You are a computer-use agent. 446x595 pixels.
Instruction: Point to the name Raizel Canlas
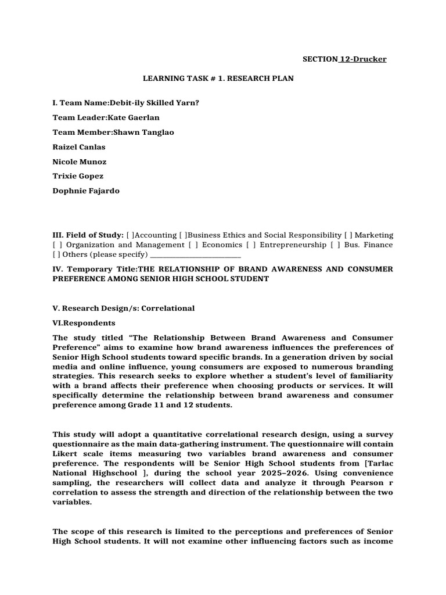[x=79, y=147]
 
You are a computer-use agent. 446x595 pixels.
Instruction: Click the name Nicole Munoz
[x=80, y=162]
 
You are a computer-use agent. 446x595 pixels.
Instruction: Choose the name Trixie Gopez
[x=78, y=176]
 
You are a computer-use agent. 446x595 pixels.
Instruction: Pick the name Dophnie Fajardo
[x=86, y=191]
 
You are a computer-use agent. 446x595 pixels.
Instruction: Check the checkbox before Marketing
[x=347, y=235]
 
